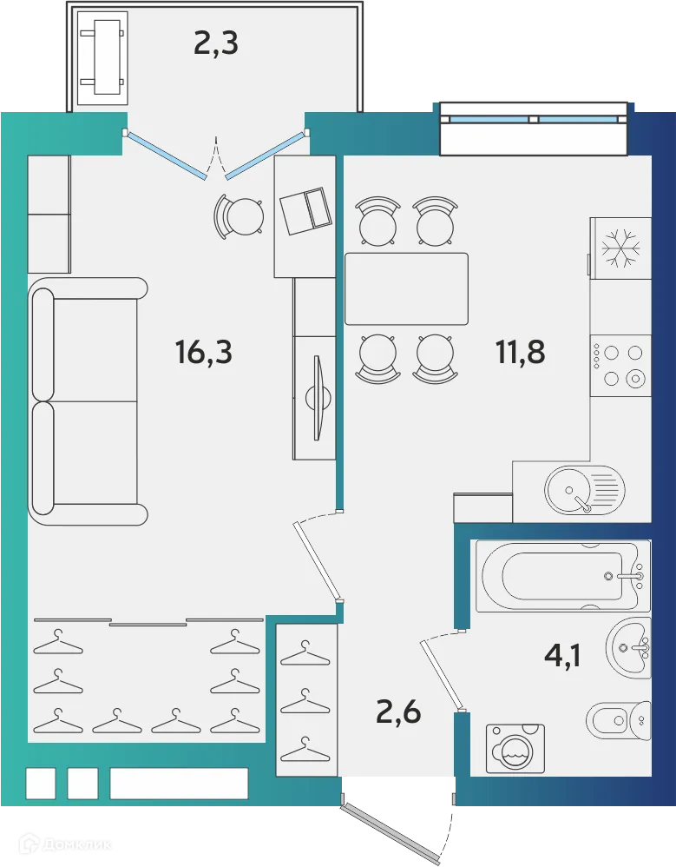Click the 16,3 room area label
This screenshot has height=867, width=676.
203,353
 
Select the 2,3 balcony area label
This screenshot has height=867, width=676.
215,43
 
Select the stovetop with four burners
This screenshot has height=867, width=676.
620,365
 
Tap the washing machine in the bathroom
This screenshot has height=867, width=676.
515,747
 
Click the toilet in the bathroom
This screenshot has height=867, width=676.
618,719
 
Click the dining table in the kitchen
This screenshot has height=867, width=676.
406,288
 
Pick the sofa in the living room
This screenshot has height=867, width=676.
87,401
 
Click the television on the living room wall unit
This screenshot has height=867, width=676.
318,396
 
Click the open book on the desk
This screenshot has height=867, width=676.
305,210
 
